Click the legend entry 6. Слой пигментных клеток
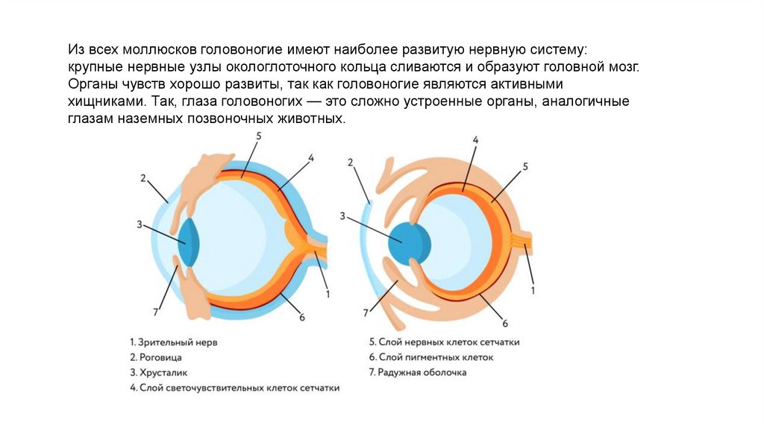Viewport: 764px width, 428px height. [x=431, y=356]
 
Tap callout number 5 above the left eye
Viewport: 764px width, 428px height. [x=259, y=136]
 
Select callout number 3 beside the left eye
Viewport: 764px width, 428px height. [x=140, y=224]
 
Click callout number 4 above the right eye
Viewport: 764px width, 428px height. [x=475, y=139]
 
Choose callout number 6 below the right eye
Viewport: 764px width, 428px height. [x=505, y=324]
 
